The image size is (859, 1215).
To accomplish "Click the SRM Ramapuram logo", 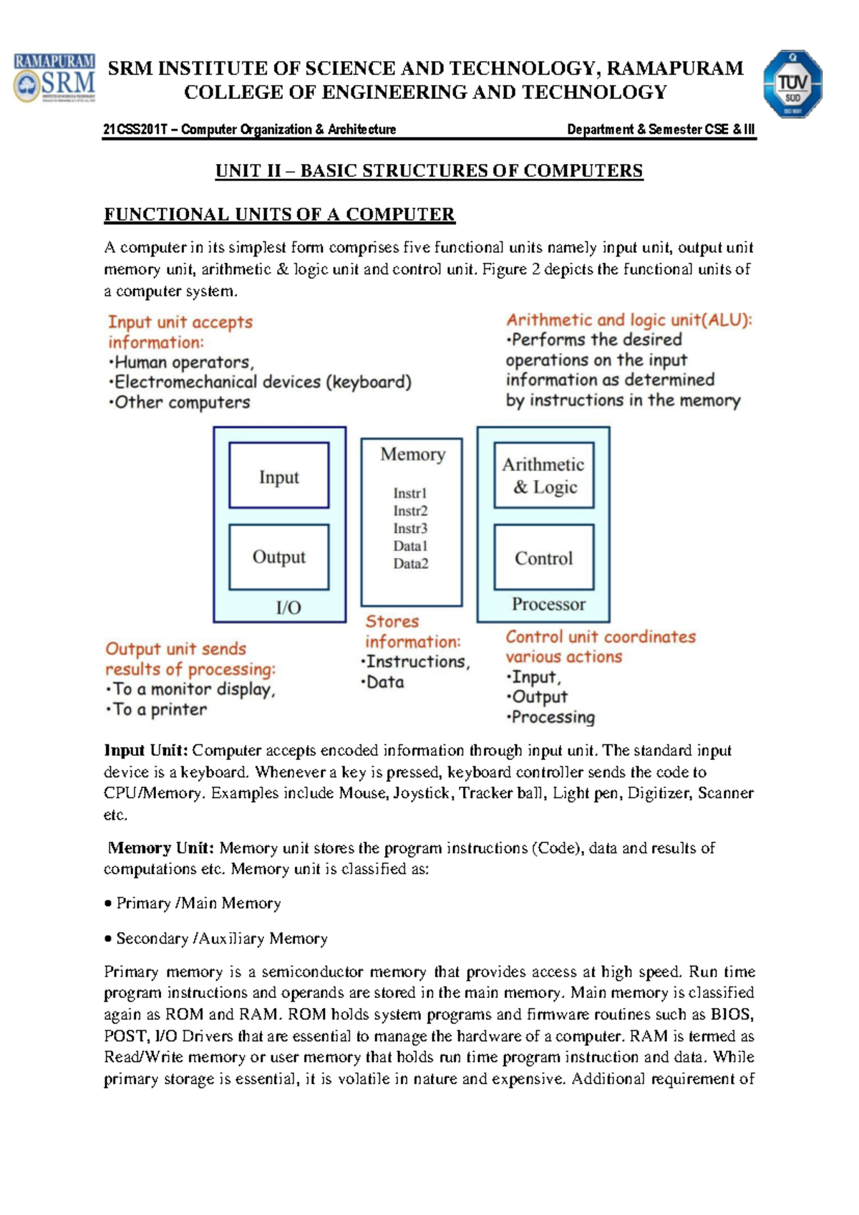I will point(54,78).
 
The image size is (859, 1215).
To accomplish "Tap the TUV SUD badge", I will point(792,84).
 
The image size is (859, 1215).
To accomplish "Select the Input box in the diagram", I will point(278,476).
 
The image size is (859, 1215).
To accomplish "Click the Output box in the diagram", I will point(278,557).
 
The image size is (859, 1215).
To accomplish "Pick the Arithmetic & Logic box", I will point(544,476).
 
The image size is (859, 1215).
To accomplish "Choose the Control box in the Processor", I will point(544,557).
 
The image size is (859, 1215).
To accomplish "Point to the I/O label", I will point(288,607).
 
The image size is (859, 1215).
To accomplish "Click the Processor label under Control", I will point(548,604).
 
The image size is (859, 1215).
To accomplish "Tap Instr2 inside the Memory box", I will point(410,511).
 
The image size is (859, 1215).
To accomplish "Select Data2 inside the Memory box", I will point(410,564).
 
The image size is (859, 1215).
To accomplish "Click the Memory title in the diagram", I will point(412,454).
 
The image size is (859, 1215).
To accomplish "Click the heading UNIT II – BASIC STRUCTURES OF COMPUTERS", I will point(429,171).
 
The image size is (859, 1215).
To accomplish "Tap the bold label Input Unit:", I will point(146,750).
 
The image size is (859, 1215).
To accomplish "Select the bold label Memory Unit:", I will point(160,847).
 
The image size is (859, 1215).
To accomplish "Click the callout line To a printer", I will point(158,709).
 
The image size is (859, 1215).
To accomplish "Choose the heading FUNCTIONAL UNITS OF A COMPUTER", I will point(279,214).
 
